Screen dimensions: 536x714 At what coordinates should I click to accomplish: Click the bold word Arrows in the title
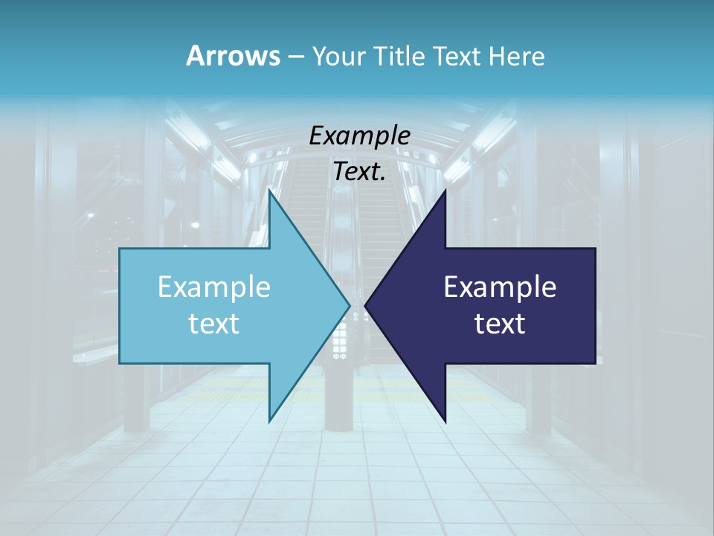point(232,56)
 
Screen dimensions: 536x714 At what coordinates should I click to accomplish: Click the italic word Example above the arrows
point(360,136)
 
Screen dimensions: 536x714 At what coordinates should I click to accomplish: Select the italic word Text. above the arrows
point(360,172)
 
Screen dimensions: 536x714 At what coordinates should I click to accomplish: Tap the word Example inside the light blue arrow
point(214,287)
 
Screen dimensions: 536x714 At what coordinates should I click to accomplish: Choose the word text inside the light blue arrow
point(214,323)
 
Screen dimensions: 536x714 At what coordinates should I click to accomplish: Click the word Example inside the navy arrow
point(500,287)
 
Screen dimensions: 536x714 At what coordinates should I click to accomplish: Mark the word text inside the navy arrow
point(500,323)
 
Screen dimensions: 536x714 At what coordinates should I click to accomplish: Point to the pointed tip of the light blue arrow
point(350,304)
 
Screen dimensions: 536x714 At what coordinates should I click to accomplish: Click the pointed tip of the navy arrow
point(365,304)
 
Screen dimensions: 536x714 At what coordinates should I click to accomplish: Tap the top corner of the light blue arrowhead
point(269,191)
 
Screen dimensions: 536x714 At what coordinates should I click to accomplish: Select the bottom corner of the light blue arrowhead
point(269,421)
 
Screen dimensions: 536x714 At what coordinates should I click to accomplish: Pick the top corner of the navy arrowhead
point(446,191)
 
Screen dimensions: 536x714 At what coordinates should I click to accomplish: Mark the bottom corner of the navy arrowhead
point(446,421)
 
